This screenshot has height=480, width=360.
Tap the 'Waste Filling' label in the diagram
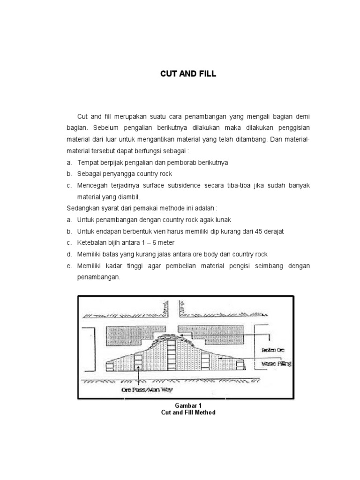276,363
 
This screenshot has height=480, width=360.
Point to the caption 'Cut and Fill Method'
188,412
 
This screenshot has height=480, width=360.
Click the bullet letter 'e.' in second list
69,265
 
